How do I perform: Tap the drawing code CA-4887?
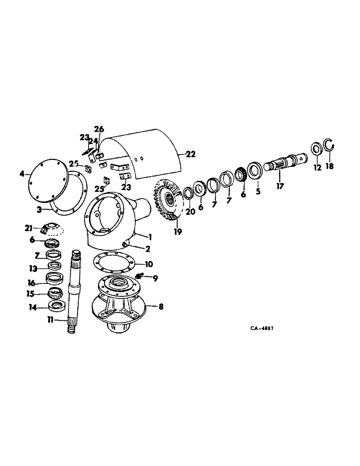pos(262,328)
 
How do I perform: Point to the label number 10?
pos(149,264)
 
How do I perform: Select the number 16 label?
pos(32,282)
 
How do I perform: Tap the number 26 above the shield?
pos(99,129)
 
